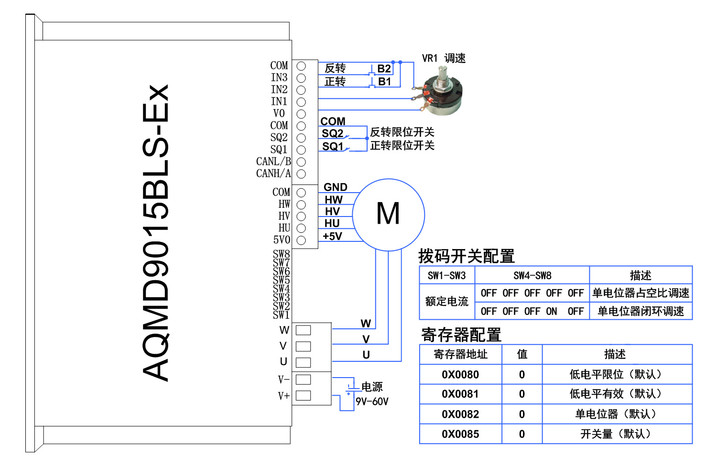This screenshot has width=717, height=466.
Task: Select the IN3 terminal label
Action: [279, 77]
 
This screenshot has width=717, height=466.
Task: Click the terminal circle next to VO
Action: [301, 114]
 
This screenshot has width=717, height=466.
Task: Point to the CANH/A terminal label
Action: [273, 173]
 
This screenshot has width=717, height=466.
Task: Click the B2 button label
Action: [384, 68]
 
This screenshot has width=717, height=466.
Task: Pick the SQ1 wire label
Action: [333, 147]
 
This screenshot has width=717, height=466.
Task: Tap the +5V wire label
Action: [333, 236]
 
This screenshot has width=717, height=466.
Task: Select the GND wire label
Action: [336, 187]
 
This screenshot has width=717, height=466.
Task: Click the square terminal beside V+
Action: [303, 396]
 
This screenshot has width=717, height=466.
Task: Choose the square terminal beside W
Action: [303, 330]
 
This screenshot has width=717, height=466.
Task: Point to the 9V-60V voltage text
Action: [372, 401]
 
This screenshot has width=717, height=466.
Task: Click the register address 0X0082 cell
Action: [460, 414]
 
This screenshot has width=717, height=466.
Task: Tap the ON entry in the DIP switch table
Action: [552, 311]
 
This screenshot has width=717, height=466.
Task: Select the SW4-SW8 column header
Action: [532, 275]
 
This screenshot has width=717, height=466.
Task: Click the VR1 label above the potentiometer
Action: [430, 58]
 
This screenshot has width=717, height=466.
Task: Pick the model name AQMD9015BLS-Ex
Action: [155, 233]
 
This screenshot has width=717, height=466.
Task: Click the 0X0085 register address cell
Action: [460, 434]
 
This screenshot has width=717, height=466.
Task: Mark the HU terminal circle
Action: [301, 228]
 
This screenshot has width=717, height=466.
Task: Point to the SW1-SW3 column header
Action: [446, 275]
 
